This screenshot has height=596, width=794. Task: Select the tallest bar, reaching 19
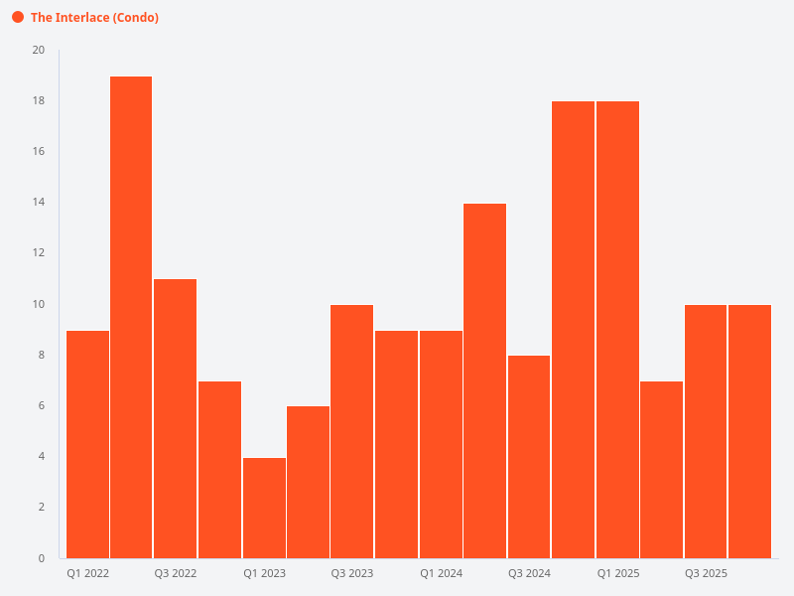(x=131, y=318)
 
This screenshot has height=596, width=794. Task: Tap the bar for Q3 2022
(x=175, y=418)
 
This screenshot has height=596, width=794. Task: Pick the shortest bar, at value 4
(x=264, y=508)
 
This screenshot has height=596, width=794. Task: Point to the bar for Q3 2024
(x=529, y=457)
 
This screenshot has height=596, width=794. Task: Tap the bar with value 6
(x=308, y=482)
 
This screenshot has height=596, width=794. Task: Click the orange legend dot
(x=18, y=18)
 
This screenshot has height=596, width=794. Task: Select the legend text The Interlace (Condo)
(x=94, y=18)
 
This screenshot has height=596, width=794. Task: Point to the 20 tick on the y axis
(x=39, y=51)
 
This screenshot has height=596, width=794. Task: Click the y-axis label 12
(x=39, y=253)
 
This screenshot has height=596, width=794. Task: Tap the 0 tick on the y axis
(x=42, y=558)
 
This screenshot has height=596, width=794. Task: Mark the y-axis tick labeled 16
(x=39, y=152)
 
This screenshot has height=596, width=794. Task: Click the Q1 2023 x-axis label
(x=264, y=574)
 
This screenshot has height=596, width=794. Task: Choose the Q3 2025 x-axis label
(x=706, y=574)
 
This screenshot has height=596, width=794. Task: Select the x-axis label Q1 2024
(x=441, y=574)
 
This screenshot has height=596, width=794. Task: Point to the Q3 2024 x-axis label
(x=529, y=574)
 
